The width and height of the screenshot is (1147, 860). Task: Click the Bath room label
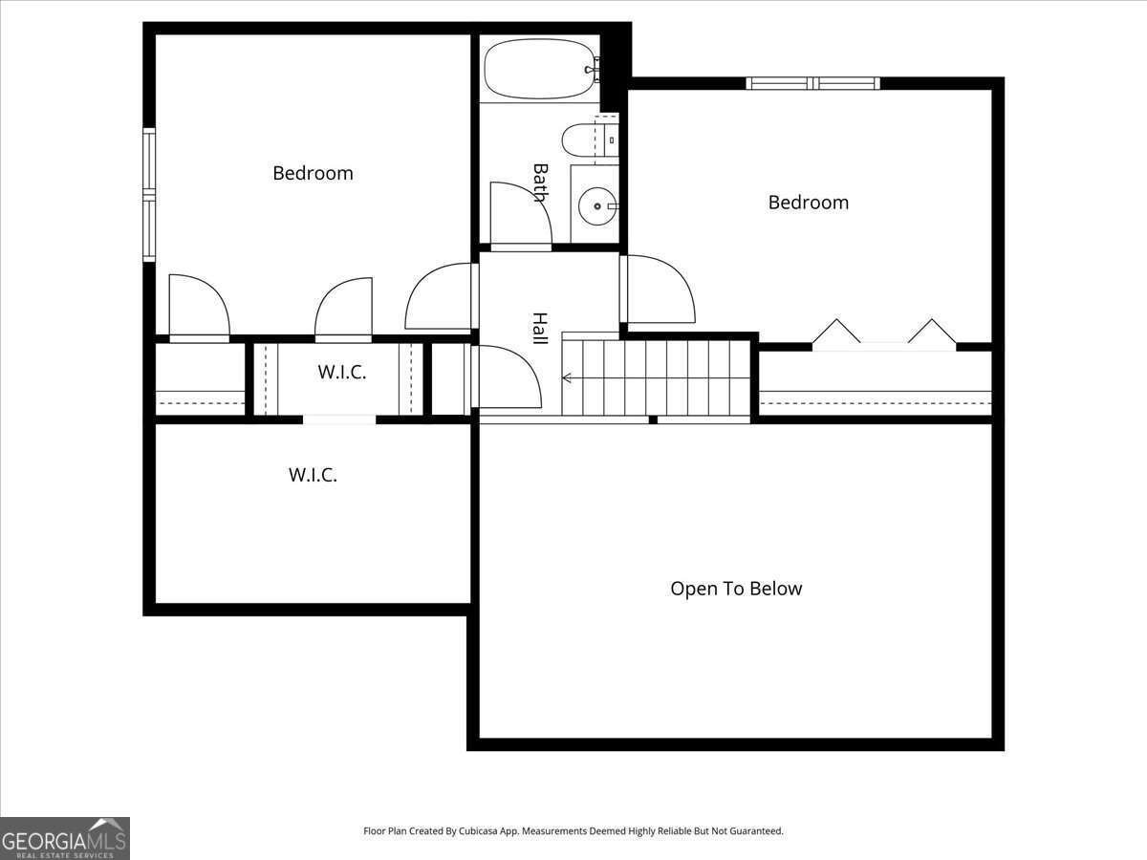(x=540, y=183)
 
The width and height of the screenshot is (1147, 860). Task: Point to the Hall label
(x=540, y=328)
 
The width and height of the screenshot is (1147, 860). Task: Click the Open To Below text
(x=736, y=589)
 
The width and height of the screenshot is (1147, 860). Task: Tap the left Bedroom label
(x=313, y=173)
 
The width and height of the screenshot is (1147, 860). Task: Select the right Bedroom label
(x=808, y=202)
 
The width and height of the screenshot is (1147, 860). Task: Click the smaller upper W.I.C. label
(x=341, y=373)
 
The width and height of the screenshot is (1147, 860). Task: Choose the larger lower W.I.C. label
(x=313, y=474)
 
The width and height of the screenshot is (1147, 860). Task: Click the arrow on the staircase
(x=567, y=378)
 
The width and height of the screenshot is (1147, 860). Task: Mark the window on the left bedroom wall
(x=149, y=195)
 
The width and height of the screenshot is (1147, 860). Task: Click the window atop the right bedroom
(x=812, y=83)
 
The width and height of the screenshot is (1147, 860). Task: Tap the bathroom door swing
(x=520, y=216)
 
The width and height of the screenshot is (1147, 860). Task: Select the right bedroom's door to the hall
(x=658, y=289)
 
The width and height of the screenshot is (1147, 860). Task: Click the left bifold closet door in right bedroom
(x=836, y=333)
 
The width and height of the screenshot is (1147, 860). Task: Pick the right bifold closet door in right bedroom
(x=932, y=333)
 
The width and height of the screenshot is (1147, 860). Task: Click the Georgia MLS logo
(x=64, y=838)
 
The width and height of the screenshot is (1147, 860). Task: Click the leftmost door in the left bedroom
(x=199, y=307)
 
